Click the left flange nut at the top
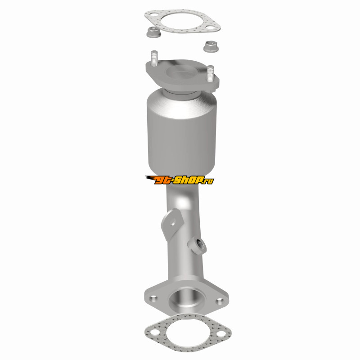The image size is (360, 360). [153, 32]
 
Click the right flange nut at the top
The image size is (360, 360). [211, 46]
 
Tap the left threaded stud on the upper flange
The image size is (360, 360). [154, 58]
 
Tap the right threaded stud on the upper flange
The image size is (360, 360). [210, 73]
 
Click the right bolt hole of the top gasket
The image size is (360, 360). [210, 27]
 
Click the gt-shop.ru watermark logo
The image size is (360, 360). [180, 180]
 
